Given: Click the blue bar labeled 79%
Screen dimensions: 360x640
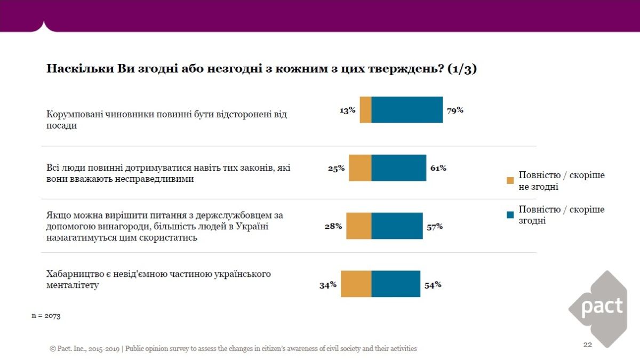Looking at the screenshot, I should [x=407, y=110].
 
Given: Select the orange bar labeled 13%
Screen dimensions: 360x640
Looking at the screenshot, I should [x=365, y=110].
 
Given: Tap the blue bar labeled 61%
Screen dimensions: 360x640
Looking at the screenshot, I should [x=398, y=168].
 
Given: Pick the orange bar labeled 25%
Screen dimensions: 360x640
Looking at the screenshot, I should [x=360, y=168].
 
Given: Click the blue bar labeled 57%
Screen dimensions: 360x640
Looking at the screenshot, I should [x=397, y=226].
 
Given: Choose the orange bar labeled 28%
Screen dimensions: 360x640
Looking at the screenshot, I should [x=358, y=226].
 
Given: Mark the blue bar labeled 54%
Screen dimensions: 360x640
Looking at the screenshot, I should [x=396, y=284].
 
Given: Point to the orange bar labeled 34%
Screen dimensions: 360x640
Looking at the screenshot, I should [x=356, y=284].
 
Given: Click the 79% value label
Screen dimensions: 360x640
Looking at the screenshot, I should [x=455, y=110].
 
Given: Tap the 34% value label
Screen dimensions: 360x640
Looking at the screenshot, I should [x=328, y=285].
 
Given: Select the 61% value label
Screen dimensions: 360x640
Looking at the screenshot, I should [x=438, y=168].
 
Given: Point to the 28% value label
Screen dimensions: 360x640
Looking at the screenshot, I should [x=333, y=226].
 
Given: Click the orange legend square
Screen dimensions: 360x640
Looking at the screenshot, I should [x=510, y=180].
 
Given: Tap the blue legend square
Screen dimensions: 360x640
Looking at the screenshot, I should [x=510, y=214].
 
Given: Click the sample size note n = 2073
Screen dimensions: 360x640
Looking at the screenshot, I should [x=46, y=316].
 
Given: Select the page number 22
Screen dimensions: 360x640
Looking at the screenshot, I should [x=587, y=345].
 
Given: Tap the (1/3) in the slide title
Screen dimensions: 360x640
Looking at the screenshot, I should [x=462, y=69].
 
